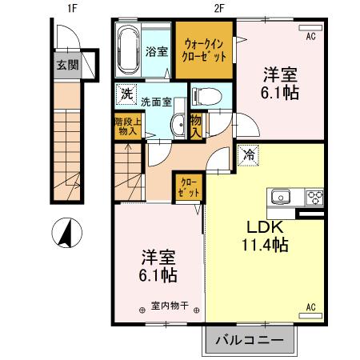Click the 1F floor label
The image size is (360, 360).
(71, 9)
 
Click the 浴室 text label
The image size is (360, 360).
(157, 52)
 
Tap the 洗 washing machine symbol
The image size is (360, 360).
(126, 94)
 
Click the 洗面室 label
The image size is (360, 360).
(157, 102)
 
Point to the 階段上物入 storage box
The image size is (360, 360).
(126, 129)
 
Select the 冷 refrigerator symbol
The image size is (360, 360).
(251, 154)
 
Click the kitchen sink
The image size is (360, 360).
(282, 197)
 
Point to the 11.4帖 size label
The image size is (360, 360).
(267, 246)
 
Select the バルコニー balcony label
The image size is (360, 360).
(250, 340)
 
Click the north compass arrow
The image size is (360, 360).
(66, 234)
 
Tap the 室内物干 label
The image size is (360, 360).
(168, 305)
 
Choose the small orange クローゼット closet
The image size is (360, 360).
(190, 189)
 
